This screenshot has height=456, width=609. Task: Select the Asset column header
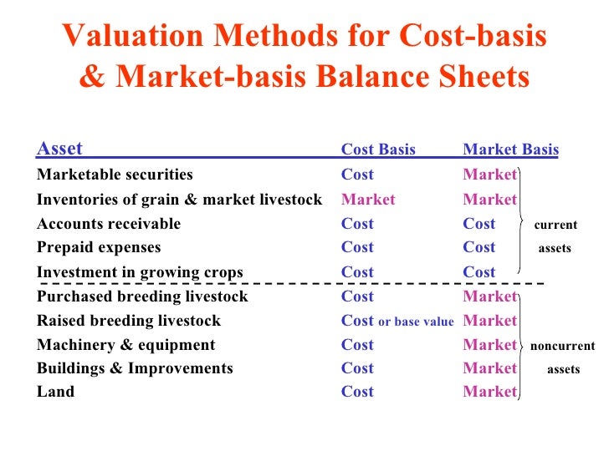59,149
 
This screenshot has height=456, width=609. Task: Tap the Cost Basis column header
378,150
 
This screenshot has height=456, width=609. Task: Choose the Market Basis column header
510,150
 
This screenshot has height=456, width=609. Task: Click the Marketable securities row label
115,175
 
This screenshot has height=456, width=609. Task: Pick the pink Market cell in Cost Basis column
368,200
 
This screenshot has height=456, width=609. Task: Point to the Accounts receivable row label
109,224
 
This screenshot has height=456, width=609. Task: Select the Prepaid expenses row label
99,247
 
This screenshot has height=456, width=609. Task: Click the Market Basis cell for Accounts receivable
479,224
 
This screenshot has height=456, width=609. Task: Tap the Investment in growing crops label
140,272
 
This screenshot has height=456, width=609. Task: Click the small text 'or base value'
416,322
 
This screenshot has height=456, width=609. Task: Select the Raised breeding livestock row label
129,321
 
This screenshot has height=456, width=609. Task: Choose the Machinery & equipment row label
125,345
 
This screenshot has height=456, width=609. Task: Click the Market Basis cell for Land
489,392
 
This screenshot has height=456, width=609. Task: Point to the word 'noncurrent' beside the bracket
562,346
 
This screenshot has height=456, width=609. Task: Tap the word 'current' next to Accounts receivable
555,225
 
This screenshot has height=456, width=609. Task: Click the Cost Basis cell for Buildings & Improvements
357,368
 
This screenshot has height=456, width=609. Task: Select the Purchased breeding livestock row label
142,296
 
